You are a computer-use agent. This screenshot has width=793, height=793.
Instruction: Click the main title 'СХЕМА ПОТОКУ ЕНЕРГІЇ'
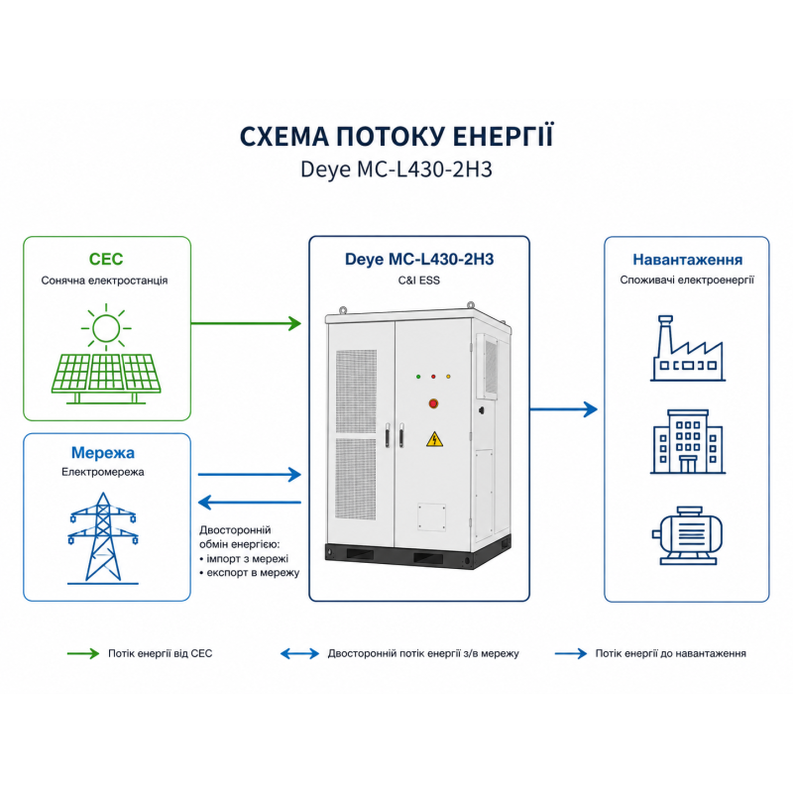coord(396,137)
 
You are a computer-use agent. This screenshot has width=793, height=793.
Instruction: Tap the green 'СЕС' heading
coord(106,259)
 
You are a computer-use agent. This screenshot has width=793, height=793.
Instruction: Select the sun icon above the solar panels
coord(106,328)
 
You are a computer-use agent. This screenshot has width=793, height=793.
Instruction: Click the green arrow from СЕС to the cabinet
coord(246,323)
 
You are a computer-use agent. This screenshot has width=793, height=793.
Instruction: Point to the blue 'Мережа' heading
coord(103,452)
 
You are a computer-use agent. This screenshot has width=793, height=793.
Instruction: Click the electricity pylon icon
coord(103,538)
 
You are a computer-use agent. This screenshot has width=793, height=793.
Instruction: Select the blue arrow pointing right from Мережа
coord(250,475)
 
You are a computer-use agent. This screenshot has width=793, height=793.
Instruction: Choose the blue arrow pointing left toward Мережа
coord(250,503)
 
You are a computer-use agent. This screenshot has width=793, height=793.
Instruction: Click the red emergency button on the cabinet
coord(433,403)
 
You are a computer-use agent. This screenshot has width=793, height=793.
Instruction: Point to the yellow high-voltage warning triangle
coord(434,439)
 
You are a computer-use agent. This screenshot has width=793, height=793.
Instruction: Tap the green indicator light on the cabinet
coord(418,377)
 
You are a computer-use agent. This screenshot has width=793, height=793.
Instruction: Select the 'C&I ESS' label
coord(418,281)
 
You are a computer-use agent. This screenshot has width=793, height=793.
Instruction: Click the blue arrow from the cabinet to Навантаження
coord(564,409)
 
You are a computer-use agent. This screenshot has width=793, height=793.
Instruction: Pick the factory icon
coord(688,349)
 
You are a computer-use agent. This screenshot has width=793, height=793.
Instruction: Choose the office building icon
coord(688,441)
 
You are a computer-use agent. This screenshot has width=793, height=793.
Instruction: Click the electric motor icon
coord(687,535)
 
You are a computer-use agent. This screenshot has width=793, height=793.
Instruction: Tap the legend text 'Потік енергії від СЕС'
coord(161,653)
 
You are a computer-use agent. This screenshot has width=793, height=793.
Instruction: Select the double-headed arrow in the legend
coord(300,653)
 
